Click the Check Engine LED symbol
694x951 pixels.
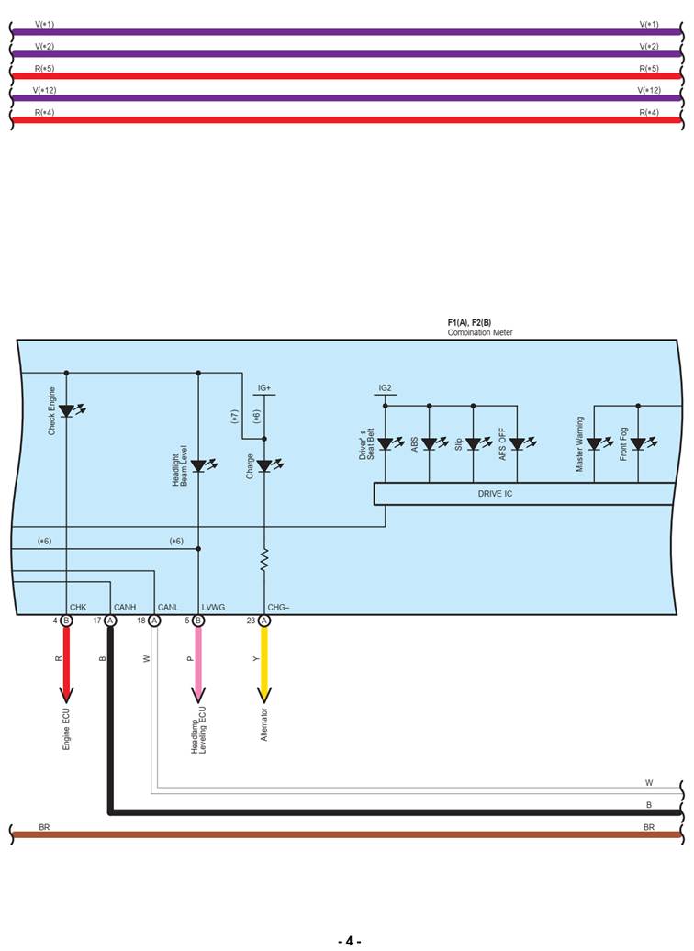click(66, 410)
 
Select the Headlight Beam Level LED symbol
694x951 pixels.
click(198, 465)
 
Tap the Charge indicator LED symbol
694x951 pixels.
click(264, 465)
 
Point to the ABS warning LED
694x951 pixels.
click(429, 443)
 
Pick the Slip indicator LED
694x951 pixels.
click(473, 443)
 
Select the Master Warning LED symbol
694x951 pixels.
click(594, 443)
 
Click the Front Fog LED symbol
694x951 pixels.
click(638, 443)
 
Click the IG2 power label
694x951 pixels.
click(386, 388)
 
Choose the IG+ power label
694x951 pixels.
click(264, 388)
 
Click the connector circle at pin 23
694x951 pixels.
click(264, 621)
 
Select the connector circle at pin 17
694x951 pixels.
click(110, 621)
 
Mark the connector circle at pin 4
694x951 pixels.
click(66, 621)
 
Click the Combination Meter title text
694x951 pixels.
click(480, 332)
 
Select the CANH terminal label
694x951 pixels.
click(125, 607)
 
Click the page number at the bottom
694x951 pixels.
click(349, 941)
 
